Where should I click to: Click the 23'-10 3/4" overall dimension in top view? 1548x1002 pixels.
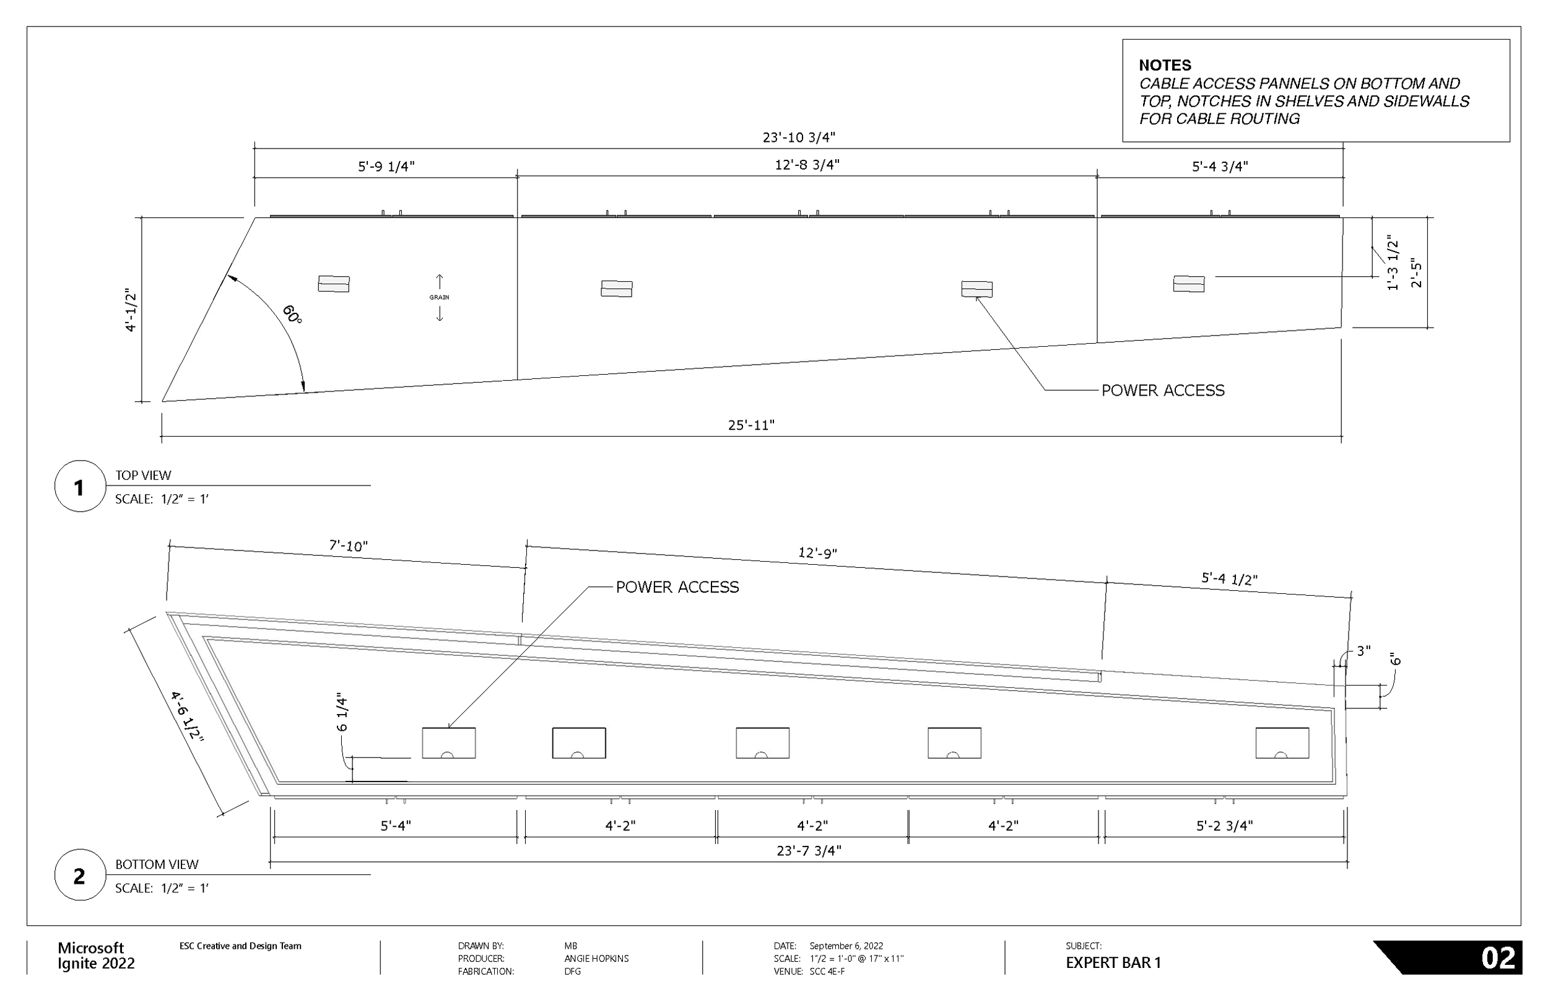click(x=798, y=137)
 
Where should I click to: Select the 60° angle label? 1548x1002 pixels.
click(x=292, y=314)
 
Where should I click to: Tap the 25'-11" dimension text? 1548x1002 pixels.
click(x=750, y=425)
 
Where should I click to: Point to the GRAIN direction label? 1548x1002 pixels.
click(x=439, y=297)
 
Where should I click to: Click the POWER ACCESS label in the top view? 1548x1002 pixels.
click(x=1162, y=390)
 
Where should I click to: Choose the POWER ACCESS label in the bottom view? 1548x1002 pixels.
click(x=677, y=587)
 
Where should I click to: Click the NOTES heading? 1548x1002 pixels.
click(x=1165, y=65)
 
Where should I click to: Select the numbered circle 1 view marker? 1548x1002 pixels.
click(x=79, y=487)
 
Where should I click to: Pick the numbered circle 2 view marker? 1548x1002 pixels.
click(x=79, y=876)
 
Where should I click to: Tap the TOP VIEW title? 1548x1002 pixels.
click(x=143, y=476)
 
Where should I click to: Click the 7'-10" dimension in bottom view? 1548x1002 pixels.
click(x=348, y=545)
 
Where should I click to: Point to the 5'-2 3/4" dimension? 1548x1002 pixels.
click(x=1224, y=826)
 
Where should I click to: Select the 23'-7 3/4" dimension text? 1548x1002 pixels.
click(x=809, y=850)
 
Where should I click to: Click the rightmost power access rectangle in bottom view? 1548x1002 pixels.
click(x=1281, y=743)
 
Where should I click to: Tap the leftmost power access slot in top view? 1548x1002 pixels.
click(x=334, y=284)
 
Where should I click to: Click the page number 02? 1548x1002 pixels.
click(x=1498, y=959)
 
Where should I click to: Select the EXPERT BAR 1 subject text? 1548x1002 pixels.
click(x=1113, y=962)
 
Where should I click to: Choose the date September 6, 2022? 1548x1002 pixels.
click(x=846, y=946)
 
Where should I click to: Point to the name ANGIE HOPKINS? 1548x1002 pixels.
click(x=596, y=959)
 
